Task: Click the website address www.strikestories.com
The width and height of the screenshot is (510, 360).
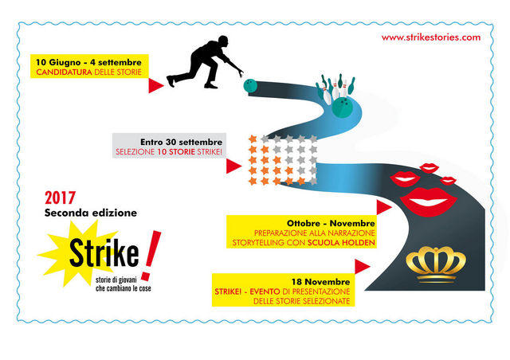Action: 431,37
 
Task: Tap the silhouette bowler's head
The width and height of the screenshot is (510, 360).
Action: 223,41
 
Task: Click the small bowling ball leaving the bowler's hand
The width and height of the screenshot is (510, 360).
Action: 250,85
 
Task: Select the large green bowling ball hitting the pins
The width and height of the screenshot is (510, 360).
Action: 342,107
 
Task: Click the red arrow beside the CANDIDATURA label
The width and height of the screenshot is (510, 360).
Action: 156,85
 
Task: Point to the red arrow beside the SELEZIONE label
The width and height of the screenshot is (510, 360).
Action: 233,166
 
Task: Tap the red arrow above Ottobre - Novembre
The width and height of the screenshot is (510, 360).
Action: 384,207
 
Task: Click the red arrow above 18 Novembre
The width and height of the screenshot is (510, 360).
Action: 362,267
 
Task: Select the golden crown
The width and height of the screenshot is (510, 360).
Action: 436,264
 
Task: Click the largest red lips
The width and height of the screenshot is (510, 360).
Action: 429,202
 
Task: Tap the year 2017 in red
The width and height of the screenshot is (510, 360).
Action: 61,198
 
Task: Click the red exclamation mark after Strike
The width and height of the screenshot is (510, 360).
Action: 151,256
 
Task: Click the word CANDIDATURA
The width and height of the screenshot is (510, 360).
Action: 64,72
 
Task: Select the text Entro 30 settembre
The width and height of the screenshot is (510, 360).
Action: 182,142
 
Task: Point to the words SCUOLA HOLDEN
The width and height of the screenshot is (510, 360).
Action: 341,243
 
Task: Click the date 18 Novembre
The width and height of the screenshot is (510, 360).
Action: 320,282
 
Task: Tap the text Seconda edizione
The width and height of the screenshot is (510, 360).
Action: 91,213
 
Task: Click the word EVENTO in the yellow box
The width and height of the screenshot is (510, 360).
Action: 265,292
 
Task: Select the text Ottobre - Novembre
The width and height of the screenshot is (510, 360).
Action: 331,224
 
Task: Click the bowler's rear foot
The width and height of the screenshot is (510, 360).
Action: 171,81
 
